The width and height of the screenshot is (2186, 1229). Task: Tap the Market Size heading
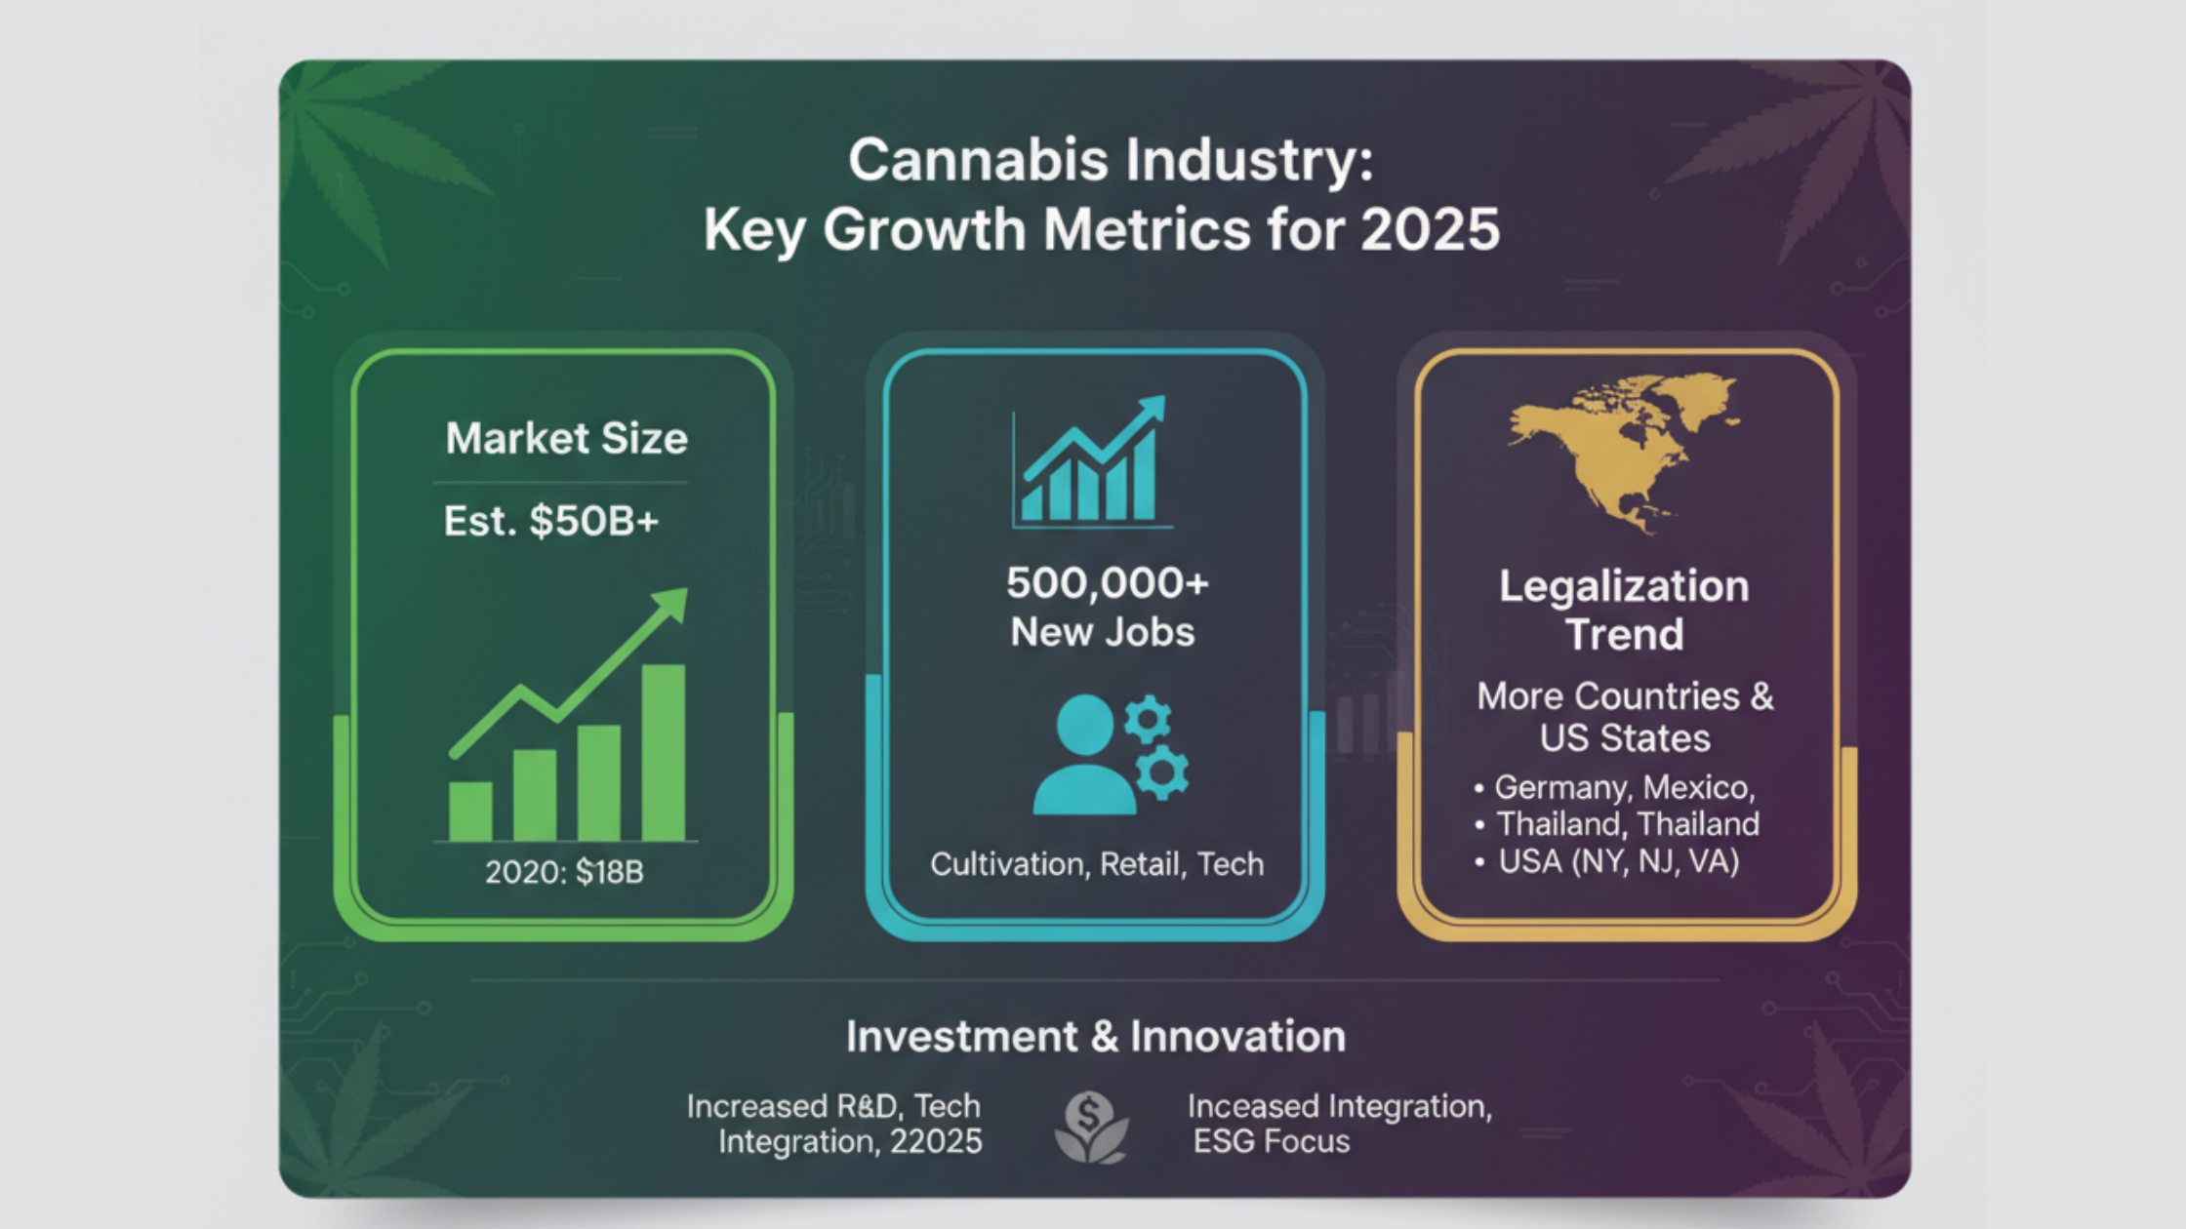pyautogui.click(x=566, y=438)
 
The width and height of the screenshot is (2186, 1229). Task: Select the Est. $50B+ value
pyautogui.click(x=551, y=521)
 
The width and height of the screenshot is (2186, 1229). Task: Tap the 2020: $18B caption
pyautogui.click(x=564, y=871)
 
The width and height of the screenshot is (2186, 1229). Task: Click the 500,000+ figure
pyautogui.click(x=1107, y=583)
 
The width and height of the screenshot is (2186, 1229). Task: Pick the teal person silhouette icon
pyautogui.click(x=1083, y=756)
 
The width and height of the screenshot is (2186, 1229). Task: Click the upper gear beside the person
pyautogui.click(x=1148, y=720)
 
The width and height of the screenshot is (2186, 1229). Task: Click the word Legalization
pyautogui.click(x=1624, y=586)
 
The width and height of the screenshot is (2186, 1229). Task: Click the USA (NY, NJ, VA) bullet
pyautogui.click(x=1618, y=861)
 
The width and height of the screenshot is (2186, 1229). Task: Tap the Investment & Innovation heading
pyautogui.click(x=1095, y=1036)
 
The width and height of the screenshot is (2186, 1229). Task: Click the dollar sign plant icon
pyautogui.click(x=1091, y=1127)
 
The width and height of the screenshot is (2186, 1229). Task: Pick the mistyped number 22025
pyautogui.click(x=935, y=1141)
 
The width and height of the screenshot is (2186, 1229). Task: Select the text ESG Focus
pyautogui.click(x=1271, y=1141)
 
